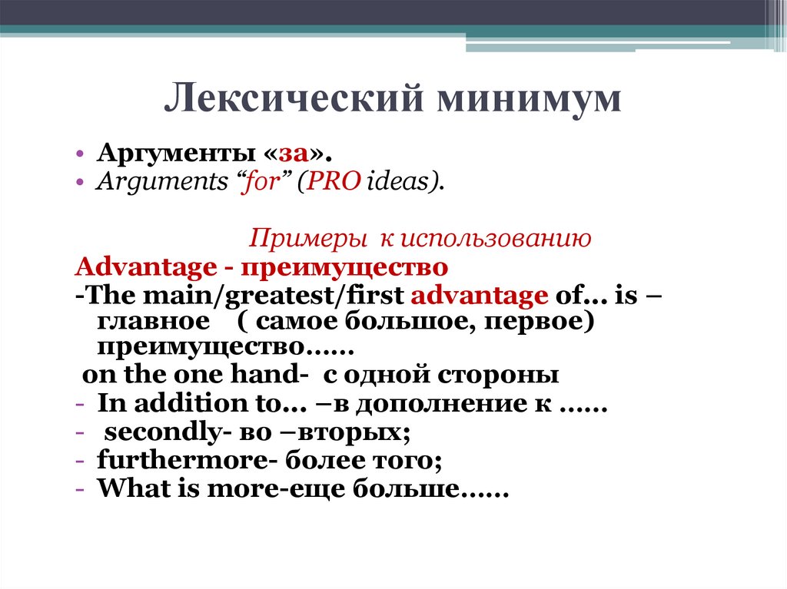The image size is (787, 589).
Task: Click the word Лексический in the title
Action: pos(294,98)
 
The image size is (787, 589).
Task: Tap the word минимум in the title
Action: pos(529,99)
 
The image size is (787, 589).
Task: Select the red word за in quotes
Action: pos(294,154)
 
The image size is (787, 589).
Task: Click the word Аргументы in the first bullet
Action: pos(176,154)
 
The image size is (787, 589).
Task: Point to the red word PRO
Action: pos(334,181)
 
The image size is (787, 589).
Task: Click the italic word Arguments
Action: pos(161,182)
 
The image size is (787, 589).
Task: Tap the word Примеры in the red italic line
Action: pos(307,238)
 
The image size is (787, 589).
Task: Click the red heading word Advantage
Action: pos(145,268)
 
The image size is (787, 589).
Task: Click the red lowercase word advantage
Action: pos(480,296)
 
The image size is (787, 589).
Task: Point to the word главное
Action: pos(154,322)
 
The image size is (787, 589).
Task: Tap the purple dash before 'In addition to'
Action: pos(79,405)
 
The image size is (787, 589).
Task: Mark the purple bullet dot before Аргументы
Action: pos(79,154)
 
